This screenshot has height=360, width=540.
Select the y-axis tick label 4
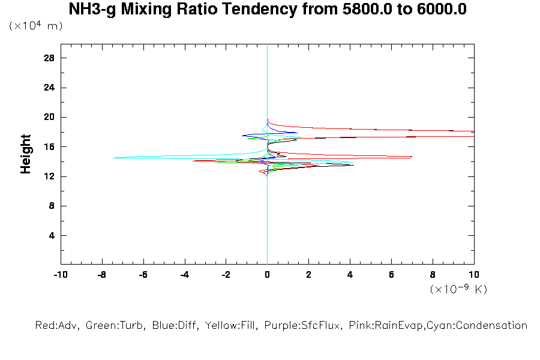pos(52,235)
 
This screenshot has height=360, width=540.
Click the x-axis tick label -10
pos(60,275)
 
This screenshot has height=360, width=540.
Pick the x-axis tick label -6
pos(143,275)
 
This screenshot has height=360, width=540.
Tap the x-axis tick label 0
pos(267,275)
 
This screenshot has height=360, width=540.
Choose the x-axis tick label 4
pos(350,275)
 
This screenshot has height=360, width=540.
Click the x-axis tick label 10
pos(473,275)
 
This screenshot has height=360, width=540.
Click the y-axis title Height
pos(26,154)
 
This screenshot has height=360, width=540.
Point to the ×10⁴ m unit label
pos(36,26)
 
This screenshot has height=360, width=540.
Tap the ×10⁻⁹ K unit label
pos(458,289)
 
